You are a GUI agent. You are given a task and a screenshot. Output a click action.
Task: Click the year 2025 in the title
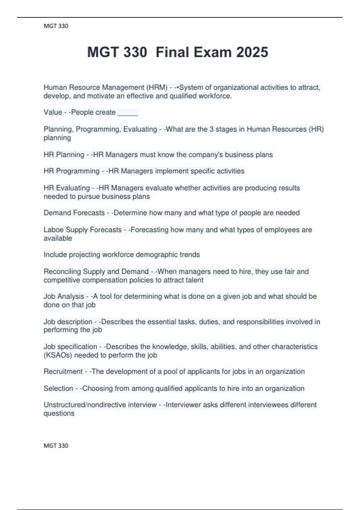coord(252,52)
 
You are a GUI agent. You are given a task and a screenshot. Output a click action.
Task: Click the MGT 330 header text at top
coord(56,26)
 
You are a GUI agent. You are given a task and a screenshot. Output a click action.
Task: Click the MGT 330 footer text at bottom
coord(56,445)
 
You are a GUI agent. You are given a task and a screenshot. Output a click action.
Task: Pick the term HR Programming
coord(71,171)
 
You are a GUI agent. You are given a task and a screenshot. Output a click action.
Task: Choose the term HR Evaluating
coord(67,188)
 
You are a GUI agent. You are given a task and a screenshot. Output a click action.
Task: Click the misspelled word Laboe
coord(53,230)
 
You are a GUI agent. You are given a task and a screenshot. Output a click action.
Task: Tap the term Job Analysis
coord(64,296)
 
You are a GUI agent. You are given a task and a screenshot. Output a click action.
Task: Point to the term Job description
coord(68,322)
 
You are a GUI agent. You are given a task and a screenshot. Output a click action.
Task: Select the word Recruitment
coord(63,372)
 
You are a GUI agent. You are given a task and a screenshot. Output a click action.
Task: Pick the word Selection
coord(58,388)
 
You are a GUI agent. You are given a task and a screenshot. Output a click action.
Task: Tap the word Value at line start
coord(53,112)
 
